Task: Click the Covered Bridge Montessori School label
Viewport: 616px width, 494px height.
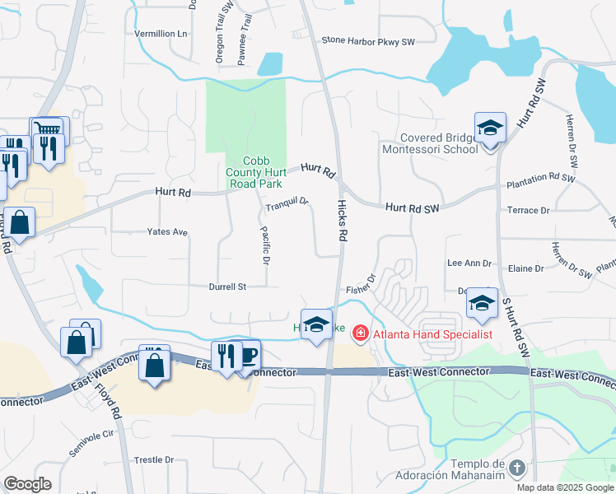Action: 428,143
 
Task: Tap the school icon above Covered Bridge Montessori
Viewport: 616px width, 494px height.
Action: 490,128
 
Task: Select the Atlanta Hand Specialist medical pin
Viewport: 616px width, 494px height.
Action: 360,333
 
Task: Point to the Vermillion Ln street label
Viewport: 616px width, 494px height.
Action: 161,34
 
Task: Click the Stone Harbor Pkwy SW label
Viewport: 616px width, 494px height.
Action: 367,40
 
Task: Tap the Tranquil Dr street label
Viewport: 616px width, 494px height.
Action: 287,201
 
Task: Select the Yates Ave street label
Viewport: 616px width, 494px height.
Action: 167,232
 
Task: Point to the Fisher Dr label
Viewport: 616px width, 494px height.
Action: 361,289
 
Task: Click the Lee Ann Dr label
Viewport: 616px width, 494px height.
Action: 469,263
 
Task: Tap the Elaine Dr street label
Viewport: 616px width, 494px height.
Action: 527,268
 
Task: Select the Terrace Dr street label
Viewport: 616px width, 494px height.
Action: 529,211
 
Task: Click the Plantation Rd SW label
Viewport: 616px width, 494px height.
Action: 540,178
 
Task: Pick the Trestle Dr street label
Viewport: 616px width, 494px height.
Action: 154,459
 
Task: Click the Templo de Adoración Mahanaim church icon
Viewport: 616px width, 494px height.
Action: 516,468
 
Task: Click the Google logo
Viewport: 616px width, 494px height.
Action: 27,483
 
